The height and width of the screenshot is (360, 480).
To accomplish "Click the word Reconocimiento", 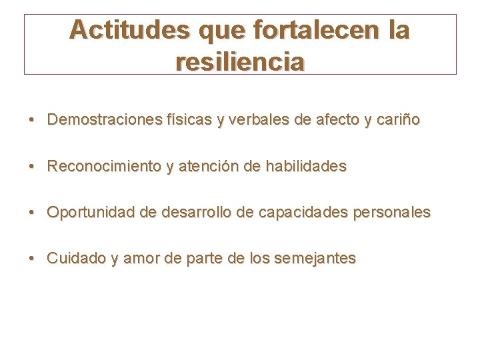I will click(x=104, y=167).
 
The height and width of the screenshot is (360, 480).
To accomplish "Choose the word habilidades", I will click(x=306, y=167).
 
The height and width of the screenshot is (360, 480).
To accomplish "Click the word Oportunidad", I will click(x=90, y=213).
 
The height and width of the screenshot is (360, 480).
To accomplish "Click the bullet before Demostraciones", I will click(x=32, y=121).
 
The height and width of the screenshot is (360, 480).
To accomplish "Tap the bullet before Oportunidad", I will click(x=32, y=213).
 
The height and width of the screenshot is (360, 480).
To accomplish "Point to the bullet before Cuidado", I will click(x=32, y=259).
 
